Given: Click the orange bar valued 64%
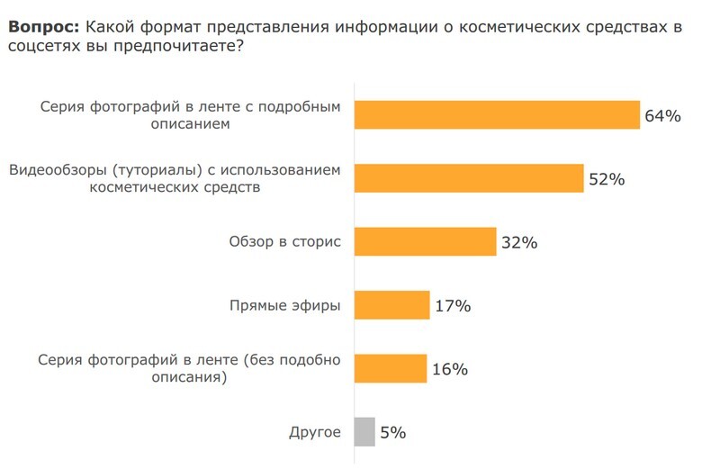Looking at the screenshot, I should tap(497, 114).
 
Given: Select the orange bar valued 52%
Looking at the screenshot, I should tap(469, 178).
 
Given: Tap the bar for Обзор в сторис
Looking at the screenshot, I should tap(426, 241).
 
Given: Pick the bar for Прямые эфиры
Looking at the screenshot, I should tap(392, 305).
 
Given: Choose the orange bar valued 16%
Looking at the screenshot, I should tap(391, 368).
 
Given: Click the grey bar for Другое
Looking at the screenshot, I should tap(364, 432).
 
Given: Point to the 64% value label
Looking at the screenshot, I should tap(662, 116).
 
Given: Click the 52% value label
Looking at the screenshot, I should tap(607, 179).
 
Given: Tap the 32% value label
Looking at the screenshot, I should tap(519, 242).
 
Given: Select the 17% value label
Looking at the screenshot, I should tap(453, 306).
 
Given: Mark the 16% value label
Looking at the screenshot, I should tap(449, 369).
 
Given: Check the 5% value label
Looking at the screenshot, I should tap(393, 433).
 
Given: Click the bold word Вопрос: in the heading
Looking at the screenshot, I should tap(44, 28).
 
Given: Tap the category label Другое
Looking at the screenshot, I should tap(315, 433).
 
